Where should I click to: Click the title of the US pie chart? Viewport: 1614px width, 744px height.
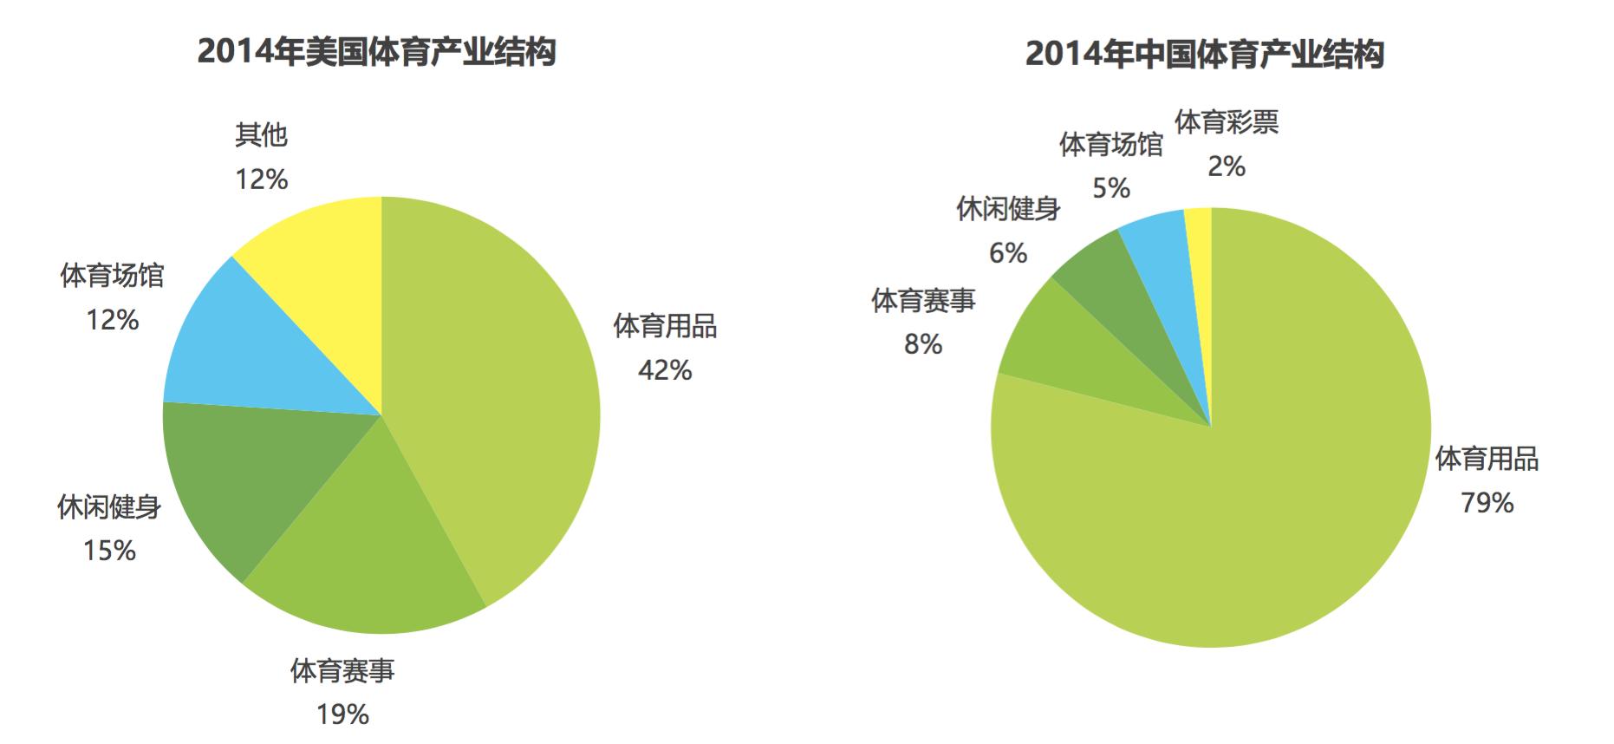[x=376, y=52]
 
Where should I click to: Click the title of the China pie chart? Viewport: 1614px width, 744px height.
[x=1204, y=54]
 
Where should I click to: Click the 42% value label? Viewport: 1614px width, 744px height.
[x=665, y=370]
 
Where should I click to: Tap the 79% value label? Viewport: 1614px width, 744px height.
[x=1487, y=503]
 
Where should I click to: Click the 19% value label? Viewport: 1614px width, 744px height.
[x=342, y=715]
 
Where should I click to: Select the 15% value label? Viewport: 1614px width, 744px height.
[x=109, y=551]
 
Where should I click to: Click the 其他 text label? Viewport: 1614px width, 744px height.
[x=261, y=135]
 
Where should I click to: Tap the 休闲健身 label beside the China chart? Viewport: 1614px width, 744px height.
[x=1008, y=209]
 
